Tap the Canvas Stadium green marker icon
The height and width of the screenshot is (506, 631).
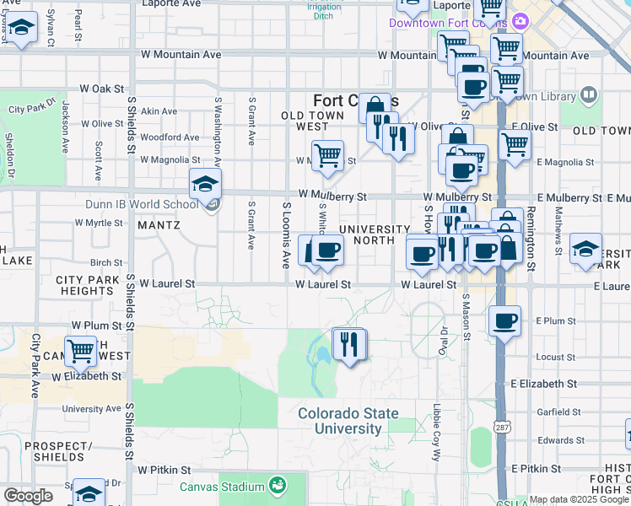click(276, 486)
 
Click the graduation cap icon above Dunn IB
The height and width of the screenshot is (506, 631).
click(205, 183)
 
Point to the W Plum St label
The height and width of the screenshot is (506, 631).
click(98, 325)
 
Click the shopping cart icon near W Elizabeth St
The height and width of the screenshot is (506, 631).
click(81, 349)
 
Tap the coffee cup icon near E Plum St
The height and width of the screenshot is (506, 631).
click(504, 321)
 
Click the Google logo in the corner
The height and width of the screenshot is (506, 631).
click(28, 496)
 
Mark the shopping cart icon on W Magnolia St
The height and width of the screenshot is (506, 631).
click(327, 155)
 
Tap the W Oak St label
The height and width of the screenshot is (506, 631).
click(101, 88)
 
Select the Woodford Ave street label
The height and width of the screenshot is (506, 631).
click(170, 137)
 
